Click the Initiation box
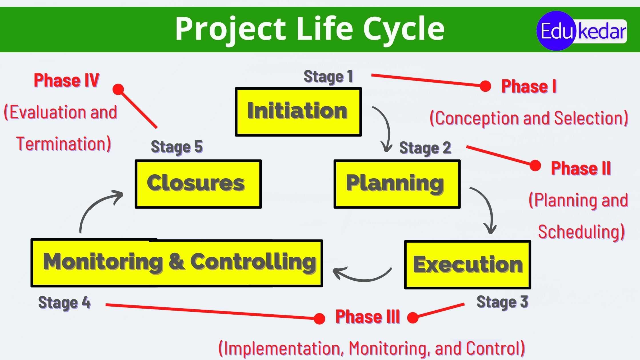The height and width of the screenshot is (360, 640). click(298, 112)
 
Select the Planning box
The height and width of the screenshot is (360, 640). click(397, 184)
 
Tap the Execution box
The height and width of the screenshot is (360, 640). click(467, 265)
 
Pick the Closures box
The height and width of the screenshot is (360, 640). click(198, 184)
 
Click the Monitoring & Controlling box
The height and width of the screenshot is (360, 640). click(177, 263)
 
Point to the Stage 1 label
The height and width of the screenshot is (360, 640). click(328, 77)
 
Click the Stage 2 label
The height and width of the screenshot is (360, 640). click(425, 148)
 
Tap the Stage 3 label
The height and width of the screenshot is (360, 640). click(502, 302)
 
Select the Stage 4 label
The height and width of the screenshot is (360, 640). click(64, 303)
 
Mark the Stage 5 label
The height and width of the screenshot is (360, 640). click(177, 147)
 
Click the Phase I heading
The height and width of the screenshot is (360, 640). click(529, 86)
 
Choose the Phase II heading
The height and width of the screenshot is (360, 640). click(581, 168)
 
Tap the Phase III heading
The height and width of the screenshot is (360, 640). click(367, 317)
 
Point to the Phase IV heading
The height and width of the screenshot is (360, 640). click(66, 80)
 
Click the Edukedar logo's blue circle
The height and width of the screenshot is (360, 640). click(556, 31)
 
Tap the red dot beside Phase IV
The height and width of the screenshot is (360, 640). click(118, 89)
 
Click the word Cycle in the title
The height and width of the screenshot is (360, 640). click(403, 29)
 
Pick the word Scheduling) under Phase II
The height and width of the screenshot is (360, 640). click(581, 232)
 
